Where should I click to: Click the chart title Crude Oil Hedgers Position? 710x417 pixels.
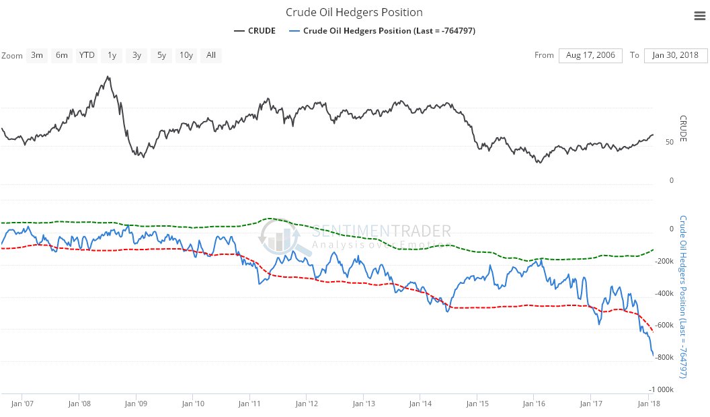tap(354, 12)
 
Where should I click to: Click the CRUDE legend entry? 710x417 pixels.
tap(255, 31)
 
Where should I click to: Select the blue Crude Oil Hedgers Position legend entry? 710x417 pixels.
tap(383, 31)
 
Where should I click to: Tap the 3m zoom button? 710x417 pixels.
tap(37, 55)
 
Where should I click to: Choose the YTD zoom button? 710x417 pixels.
tap(87, 55)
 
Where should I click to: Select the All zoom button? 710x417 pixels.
tap(211, 55)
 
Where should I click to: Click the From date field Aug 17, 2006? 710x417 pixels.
tap(591, 55)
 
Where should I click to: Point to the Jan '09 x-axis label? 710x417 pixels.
tap(136, 404)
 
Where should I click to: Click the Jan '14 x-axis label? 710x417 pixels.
tap(420, 404)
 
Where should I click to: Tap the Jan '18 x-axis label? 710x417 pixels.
tap(647, 404)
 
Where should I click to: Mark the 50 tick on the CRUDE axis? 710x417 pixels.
tap(670, 142)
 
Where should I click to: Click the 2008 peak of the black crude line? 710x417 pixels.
tap(108, 77)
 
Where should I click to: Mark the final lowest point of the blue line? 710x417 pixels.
tap(653, 356)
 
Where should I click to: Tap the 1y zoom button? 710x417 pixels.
tap(112, 55)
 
